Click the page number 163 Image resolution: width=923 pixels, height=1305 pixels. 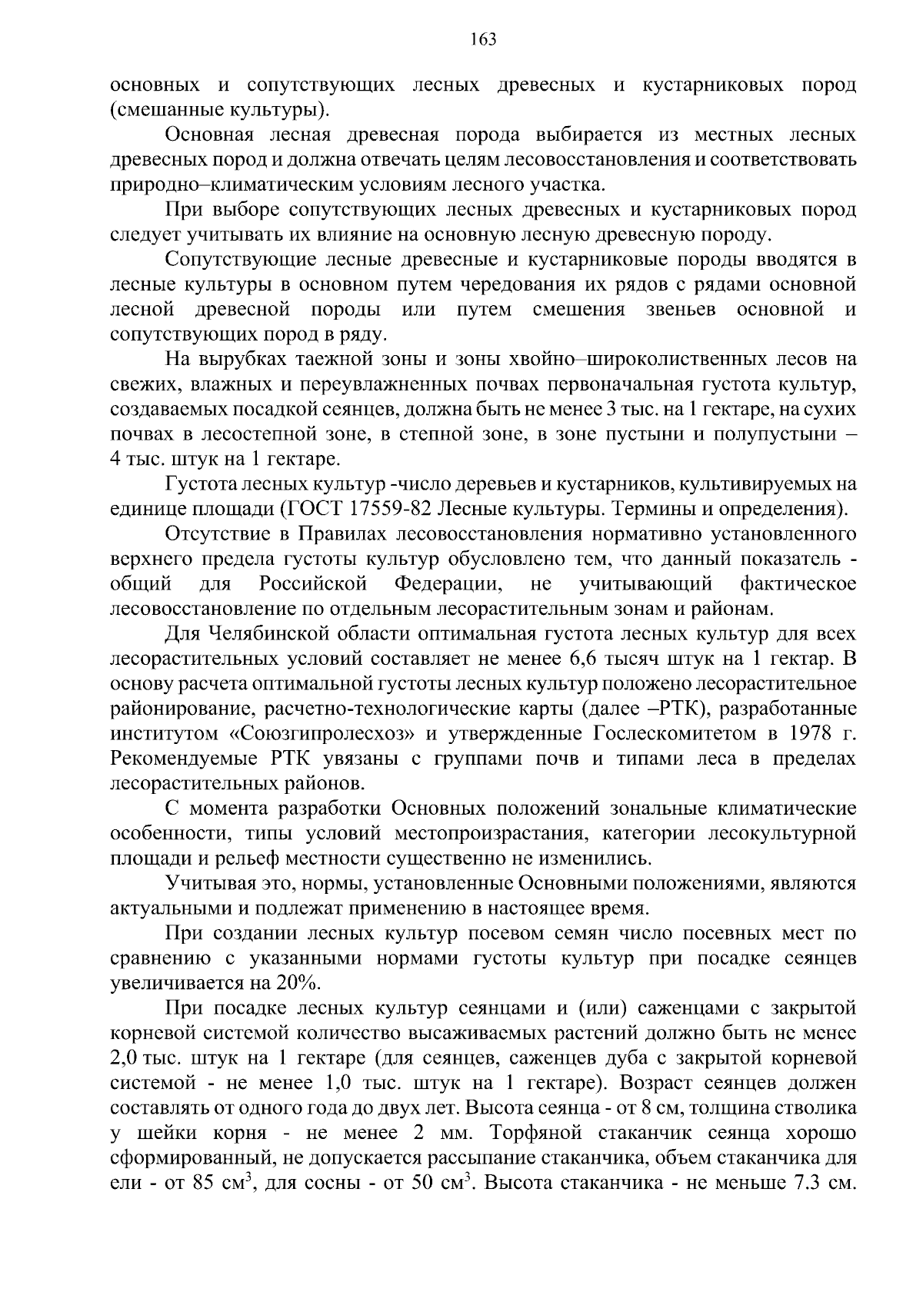(483, 39)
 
